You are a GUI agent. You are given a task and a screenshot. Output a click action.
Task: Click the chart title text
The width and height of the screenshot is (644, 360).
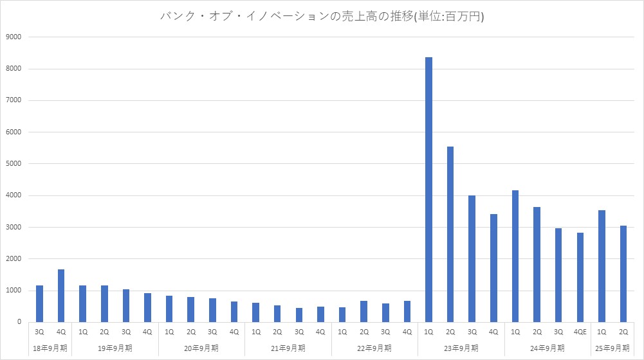pos(322,17)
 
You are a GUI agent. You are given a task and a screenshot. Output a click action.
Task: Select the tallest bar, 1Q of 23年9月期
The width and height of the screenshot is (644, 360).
pos(428,190)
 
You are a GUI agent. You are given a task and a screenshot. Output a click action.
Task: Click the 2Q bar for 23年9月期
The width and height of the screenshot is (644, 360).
pos(450,234)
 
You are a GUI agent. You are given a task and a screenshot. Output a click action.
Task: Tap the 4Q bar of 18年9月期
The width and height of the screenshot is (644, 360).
pos(61,296)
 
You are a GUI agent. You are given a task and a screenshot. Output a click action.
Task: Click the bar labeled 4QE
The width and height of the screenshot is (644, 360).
pos(580,277)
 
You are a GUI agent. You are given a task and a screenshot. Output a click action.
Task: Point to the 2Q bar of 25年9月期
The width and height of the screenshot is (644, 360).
pos(623,274)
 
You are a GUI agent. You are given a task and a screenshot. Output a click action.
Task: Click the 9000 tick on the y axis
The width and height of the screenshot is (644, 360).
pos(14,37)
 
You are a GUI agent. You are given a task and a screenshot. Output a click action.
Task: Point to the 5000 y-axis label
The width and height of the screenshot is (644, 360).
pos(14,164)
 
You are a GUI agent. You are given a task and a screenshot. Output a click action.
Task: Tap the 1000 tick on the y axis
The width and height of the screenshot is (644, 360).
pos(14,291)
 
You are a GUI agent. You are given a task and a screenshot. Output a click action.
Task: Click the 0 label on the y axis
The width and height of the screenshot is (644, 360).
pos(19,322)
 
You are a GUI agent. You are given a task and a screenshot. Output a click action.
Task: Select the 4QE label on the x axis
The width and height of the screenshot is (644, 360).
pos(580,332)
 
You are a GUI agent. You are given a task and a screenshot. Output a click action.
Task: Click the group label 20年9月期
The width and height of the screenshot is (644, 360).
pos(201,348)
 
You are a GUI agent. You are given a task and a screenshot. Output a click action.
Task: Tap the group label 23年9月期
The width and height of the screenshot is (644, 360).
pos(461,348)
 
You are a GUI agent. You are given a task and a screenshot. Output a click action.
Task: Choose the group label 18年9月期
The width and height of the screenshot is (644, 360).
pos(50,348)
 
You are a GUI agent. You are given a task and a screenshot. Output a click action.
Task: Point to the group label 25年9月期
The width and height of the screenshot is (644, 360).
pos(612,348)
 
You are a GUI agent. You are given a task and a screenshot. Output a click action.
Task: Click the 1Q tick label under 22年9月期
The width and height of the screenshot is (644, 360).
pos(342,332)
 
